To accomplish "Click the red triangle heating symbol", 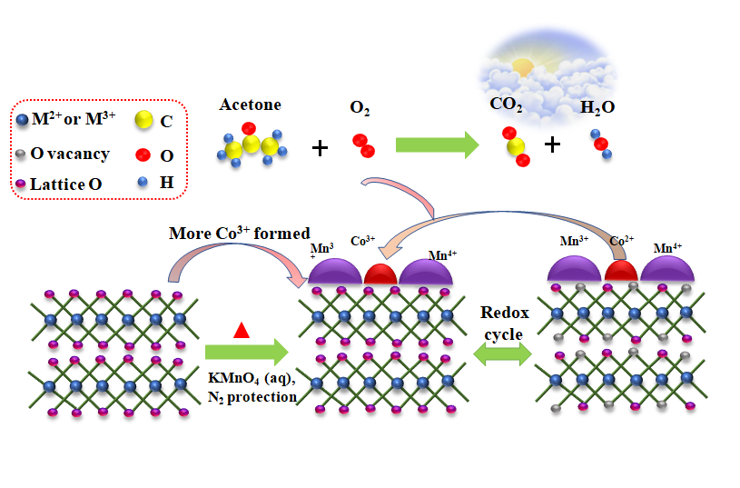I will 242,330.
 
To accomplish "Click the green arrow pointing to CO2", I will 437,144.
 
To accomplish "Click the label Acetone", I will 251,105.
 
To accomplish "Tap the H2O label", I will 597,108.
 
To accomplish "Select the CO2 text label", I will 506,105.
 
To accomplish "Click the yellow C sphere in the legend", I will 143,122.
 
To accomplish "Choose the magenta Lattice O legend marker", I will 21,185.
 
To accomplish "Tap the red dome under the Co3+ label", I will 380,274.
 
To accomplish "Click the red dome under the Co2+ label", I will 622,271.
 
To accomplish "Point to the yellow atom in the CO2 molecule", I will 516,147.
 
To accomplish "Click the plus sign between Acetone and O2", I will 320,147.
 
